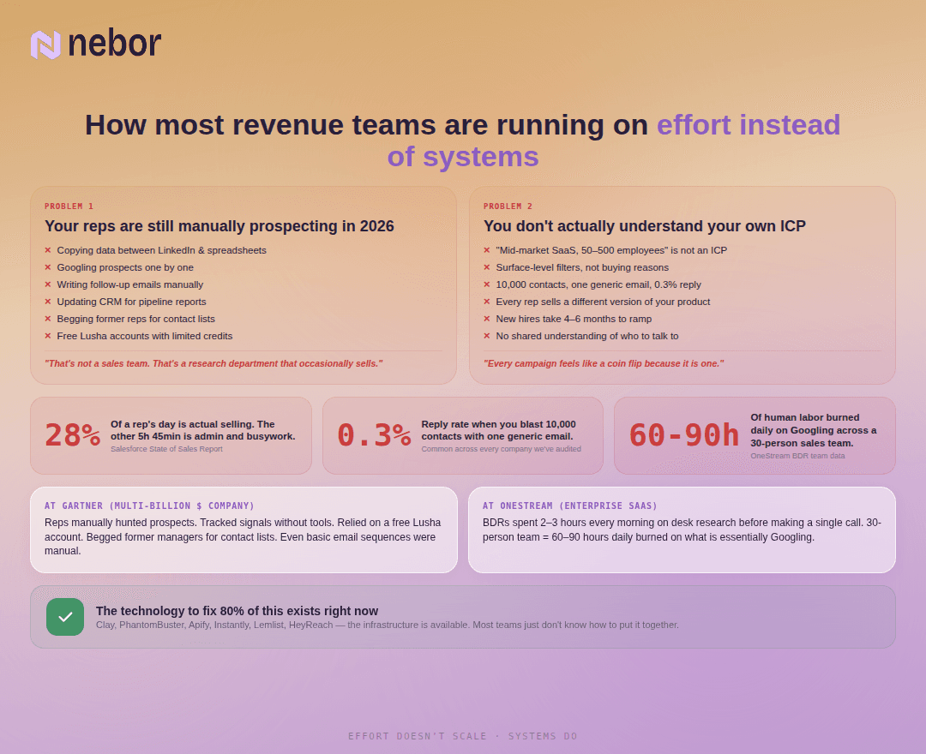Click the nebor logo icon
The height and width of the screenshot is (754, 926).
tap(45, 45)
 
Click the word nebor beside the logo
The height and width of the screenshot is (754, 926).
tap(114, 44)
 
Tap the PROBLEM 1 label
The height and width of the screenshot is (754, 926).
tap(69, 206)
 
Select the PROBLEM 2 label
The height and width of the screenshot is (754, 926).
tap(508, 206)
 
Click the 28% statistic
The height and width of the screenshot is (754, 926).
tap(72, 435)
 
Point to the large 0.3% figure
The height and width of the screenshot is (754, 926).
tap(374, 435)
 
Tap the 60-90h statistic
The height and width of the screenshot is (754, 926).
tap(683, 435)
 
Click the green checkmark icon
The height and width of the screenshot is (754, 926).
tap(65, 617)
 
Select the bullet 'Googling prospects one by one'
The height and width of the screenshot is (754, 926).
tap(125, 267)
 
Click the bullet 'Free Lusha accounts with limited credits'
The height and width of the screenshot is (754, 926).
tap(144, 336)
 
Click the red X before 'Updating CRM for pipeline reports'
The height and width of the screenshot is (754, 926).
tap(48, 302)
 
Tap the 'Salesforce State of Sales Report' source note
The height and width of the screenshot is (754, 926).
tap(166, 449)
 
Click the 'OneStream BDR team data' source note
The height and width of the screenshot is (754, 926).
tap(797, 456)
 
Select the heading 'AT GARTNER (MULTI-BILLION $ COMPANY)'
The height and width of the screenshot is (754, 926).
tap(149, 506)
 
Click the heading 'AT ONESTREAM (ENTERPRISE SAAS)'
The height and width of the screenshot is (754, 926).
tap(570, 506)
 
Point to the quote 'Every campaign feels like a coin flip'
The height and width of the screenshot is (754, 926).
tap(604, 363)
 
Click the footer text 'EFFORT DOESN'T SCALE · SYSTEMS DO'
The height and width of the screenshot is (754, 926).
tap(463, 736)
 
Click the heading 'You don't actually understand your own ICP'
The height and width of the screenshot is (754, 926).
tap(645, 226)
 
